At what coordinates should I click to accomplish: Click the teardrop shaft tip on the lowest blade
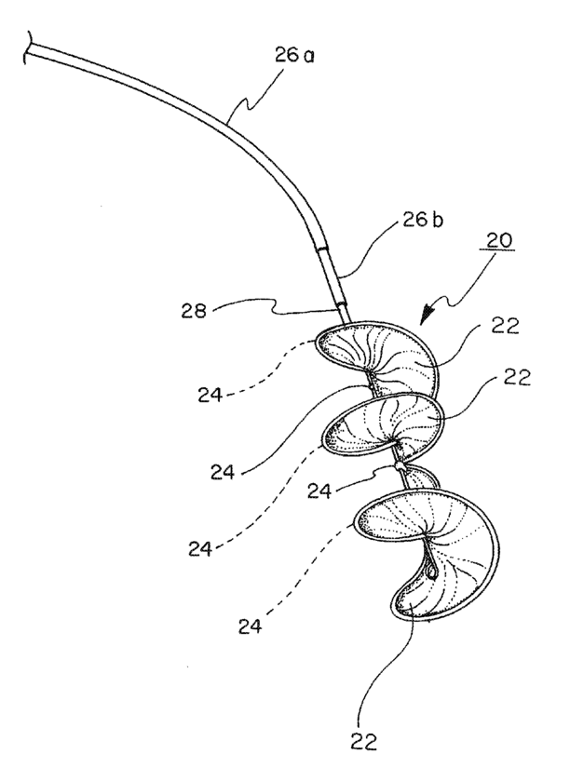tap(430, 570)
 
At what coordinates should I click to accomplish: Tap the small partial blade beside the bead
tap(424, 477)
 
